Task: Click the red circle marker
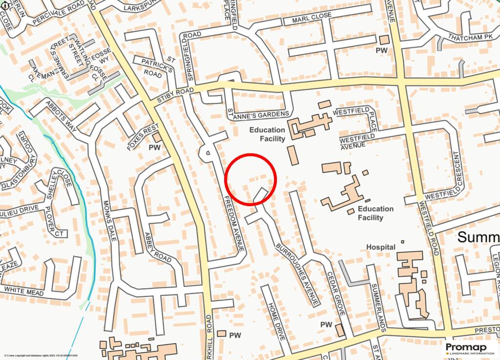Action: [x=251, y=179]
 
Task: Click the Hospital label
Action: [x=381, y=247]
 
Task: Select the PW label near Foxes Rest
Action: [x=155, y=148]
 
